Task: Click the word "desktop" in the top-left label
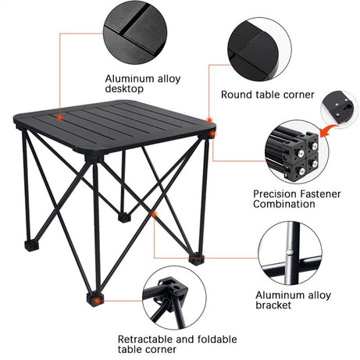pyautogui.click(x=125, y=89)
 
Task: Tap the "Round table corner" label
pyautogui.click(x=267, y=94)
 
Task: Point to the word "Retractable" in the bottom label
pyautogui.click(x=146, y=340)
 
